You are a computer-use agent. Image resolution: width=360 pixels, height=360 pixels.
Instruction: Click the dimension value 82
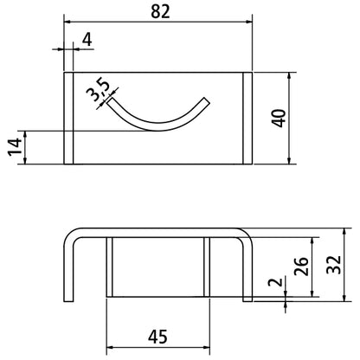click(160, 12)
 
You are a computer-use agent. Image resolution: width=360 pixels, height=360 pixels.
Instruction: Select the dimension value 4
click(87, 40)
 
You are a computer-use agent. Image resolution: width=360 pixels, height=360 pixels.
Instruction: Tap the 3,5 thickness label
click(99, 90)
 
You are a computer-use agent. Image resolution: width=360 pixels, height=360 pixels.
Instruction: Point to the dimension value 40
click(279, 118)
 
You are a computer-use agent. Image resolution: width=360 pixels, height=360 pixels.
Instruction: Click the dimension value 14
click(15, 147)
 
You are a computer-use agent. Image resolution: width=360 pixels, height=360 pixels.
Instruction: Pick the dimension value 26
click(301, 266)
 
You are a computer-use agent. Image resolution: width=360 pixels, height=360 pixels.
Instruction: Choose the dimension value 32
click(334, 265)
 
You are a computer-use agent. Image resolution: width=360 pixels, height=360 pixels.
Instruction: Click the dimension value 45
click(157, 337)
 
